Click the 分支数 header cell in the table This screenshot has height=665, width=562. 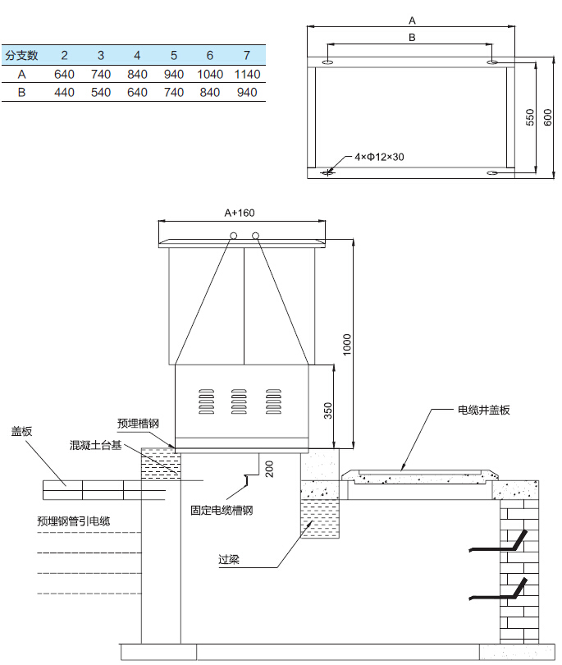22,56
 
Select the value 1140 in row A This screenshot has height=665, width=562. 246,75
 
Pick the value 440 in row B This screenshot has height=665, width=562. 64,93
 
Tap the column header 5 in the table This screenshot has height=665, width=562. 174,56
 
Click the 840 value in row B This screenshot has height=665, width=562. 210,93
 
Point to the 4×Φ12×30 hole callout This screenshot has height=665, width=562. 379,156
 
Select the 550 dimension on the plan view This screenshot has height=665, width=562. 529,117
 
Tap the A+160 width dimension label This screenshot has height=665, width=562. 240,213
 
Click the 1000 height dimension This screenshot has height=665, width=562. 347,343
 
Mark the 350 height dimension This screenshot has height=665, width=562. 327,408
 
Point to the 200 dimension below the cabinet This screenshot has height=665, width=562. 268,468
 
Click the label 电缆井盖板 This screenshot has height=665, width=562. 484,410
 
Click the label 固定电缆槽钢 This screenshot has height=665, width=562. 222,510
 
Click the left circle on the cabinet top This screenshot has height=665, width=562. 234,236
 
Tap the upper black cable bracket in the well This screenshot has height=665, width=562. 498,543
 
